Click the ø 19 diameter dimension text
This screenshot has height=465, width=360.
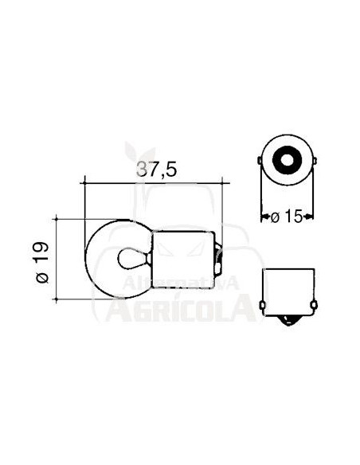point(43,259)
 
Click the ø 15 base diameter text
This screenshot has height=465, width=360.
point(288,216)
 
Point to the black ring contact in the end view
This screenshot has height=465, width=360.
point(288,162)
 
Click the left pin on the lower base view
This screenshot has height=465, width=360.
point(260,304)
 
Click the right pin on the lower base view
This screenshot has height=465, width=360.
point(316,304)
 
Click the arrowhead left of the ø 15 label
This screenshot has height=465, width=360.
point(265,216)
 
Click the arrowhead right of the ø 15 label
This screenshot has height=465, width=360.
point(311,216)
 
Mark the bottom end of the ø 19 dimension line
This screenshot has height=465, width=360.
point(57,299)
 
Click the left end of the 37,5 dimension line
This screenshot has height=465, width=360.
point(84,184)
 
